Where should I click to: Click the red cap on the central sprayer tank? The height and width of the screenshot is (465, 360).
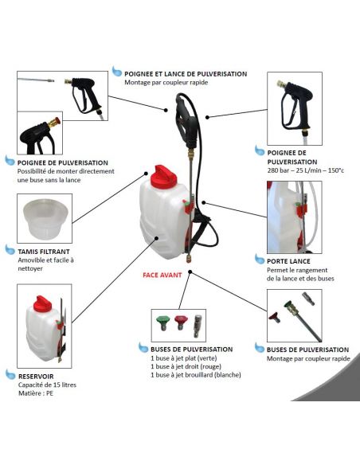[x=163, y=177]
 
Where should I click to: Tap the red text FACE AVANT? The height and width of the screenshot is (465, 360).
[x=162, y=275]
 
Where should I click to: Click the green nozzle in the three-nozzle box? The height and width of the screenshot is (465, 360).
[x=162, y=322]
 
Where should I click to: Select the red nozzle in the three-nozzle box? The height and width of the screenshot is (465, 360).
[x=181, y=322]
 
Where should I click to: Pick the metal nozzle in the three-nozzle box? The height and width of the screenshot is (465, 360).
[x=198, y=326]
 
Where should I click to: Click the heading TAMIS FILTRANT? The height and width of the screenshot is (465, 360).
[x=44, y=252]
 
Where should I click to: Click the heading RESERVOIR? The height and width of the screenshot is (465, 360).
[x=36, y=377]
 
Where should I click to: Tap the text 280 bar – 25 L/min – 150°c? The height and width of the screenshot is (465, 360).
[x=305, y=170]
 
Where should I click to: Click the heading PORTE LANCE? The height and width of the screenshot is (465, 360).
[x=288, y=261]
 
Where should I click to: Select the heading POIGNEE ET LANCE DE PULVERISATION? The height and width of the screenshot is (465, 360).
[x=186, y=74]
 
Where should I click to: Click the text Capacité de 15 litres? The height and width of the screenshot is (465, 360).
[x=47, y=385]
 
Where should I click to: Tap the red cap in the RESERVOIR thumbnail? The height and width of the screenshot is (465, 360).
[x=42, y=303]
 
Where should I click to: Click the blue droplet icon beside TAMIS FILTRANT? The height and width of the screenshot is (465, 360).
[x=10, y=249]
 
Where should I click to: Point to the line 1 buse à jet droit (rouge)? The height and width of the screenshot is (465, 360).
[x=186, y=366]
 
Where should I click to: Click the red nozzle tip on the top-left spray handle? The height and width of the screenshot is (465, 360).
[x=57, y=121]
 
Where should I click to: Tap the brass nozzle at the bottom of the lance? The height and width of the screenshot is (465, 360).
[x=188, y=257]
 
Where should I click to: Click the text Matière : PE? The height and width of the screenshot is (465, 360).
[x=36, y=393]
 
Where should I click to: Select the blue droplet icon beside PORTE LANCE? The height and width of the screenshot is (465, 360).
[x=260, y=259]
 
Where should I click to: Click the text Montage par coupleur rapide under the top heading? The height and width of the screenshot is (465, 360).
[x=166, y=83]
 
